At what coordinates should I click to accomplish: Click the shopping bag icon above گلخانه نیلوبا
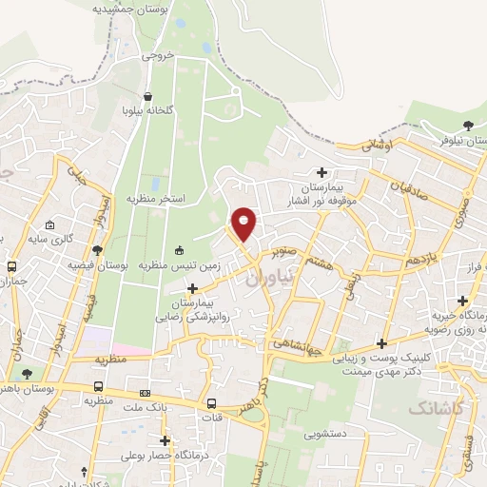(148, 96)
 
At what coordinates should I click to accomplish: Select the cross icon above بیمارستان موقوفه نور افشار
(321, 172)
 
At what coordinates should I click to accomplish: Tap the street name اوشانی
(377, 146)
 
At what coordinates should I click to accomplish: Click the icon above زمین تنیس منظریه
(179, 250)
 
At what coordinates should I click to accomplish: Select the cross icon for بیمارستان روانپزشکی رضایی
(193, 288)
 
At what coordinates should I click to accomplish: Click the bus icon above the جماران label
(12, 267)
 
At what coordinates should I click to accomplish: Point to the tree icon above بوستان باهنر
(26, 374)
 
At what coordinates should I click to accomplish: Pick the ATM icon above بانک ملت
(145, 393)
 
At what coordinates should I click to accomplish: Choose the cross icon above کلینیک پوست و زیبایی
(382, 343)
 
